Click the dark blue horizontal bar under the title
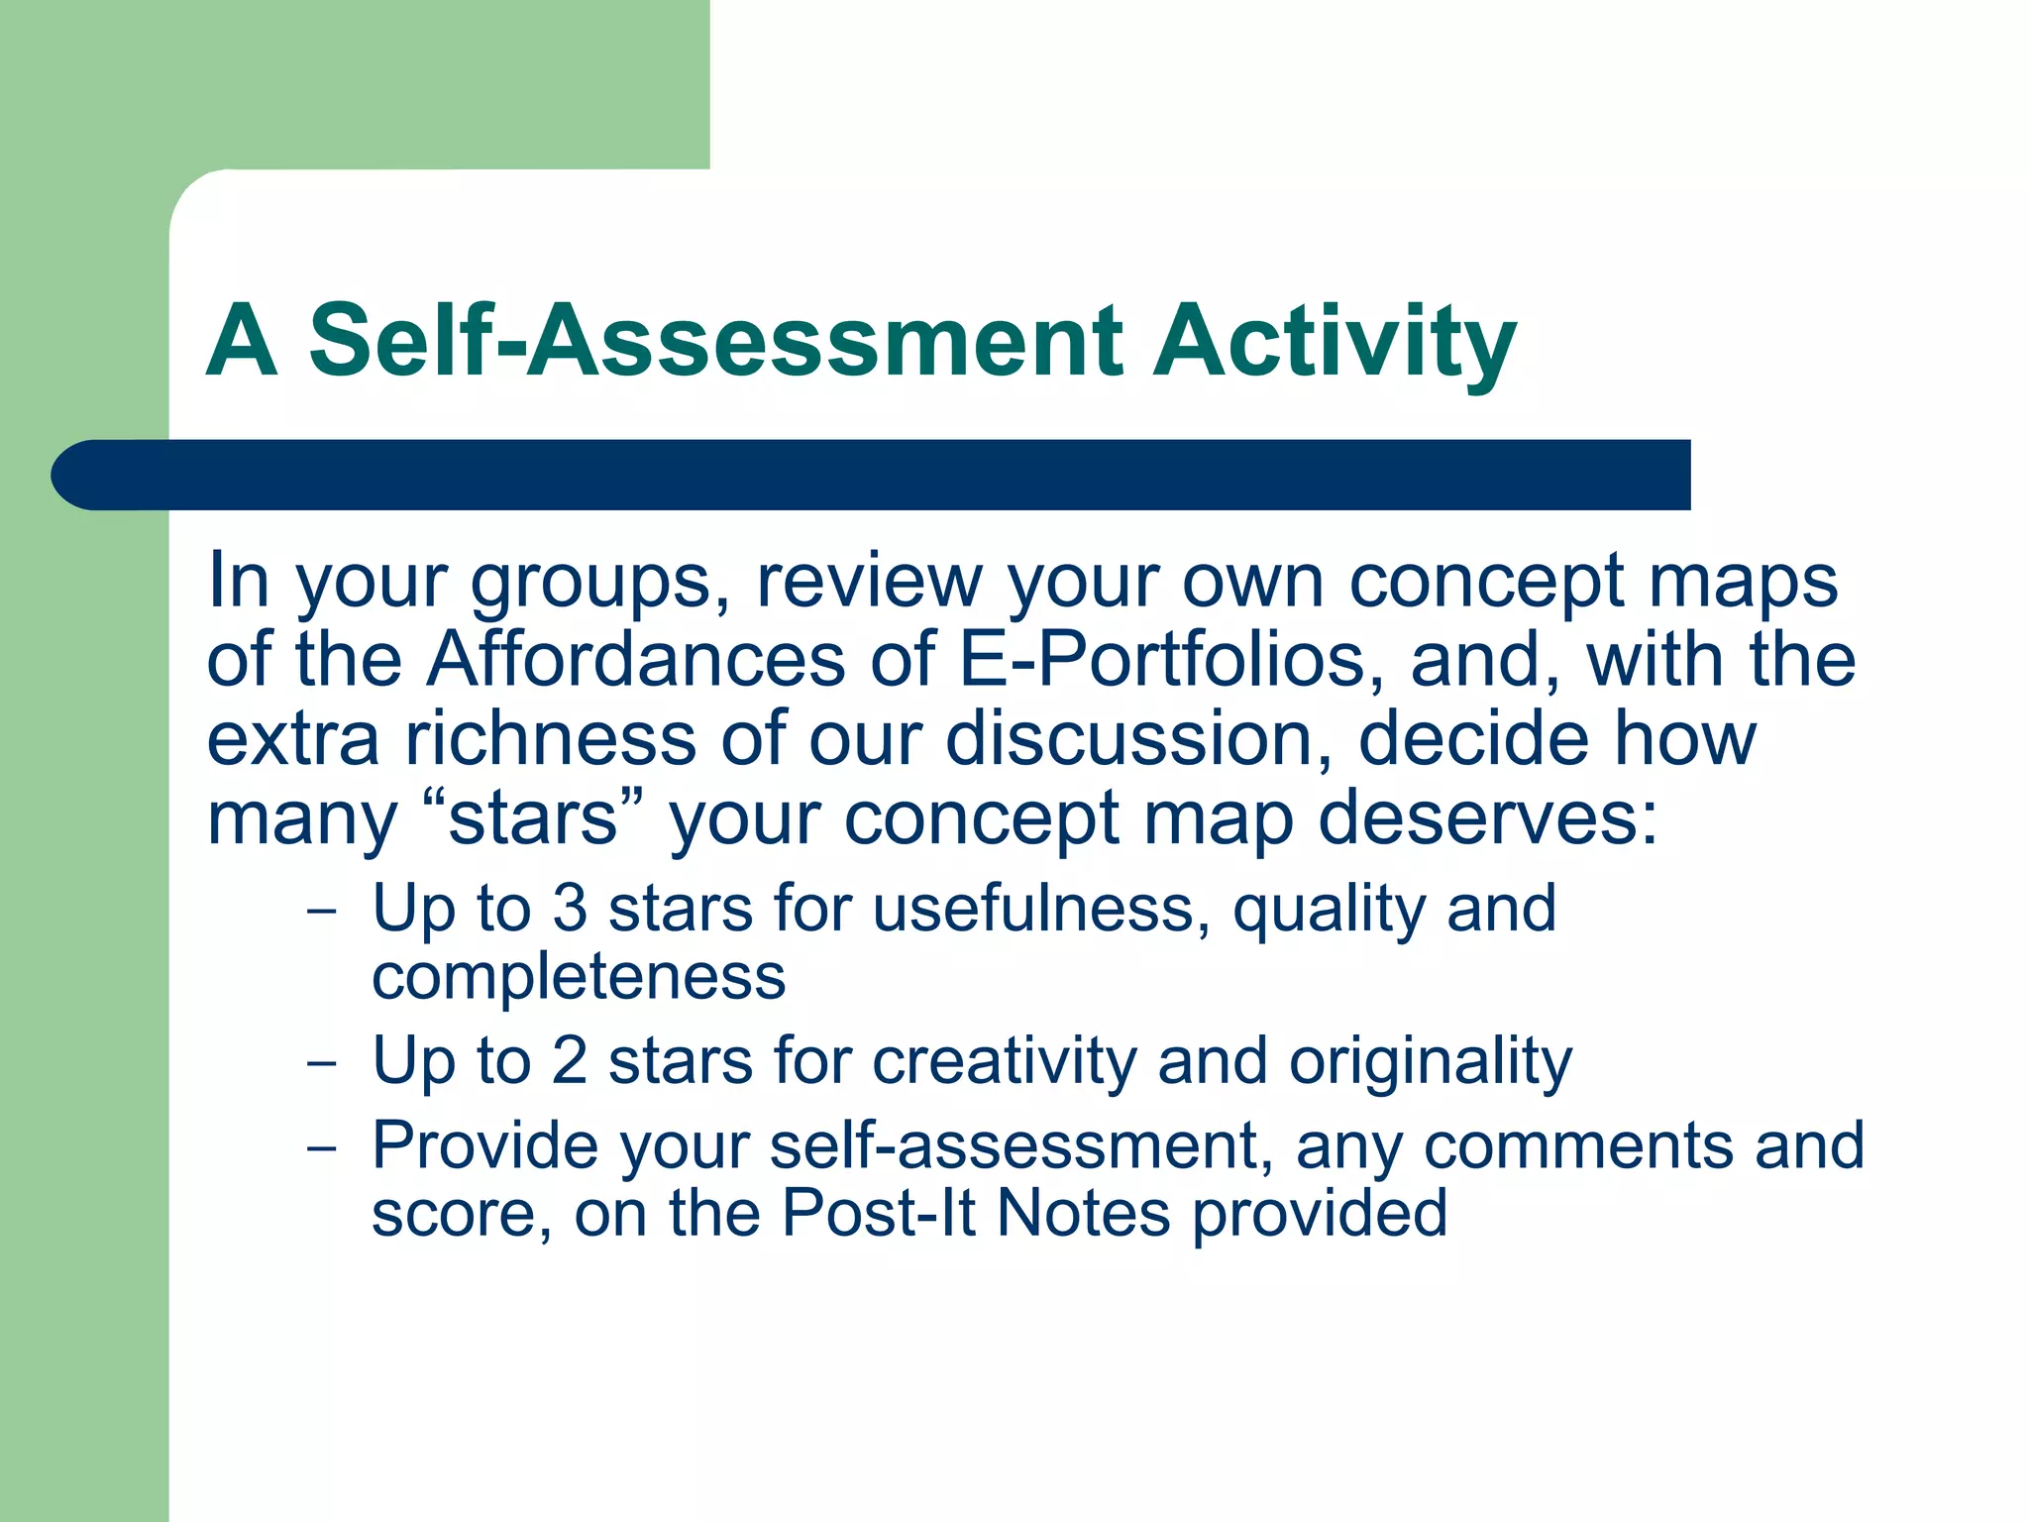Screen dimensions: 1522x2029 (872, 475)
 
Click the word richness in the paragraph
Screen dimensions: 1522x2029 (550, 739)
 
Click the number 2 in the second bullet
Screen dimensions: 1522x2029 (570, 1060)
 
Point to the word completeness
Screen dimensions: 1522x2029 (579, 977)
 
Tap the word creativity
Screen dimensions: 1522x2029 (1004, 1060)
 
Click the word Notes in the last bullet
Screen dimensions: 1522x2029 (1083, 1213)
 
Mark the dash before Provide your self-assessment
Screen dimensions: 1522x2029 (322, 1149)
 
